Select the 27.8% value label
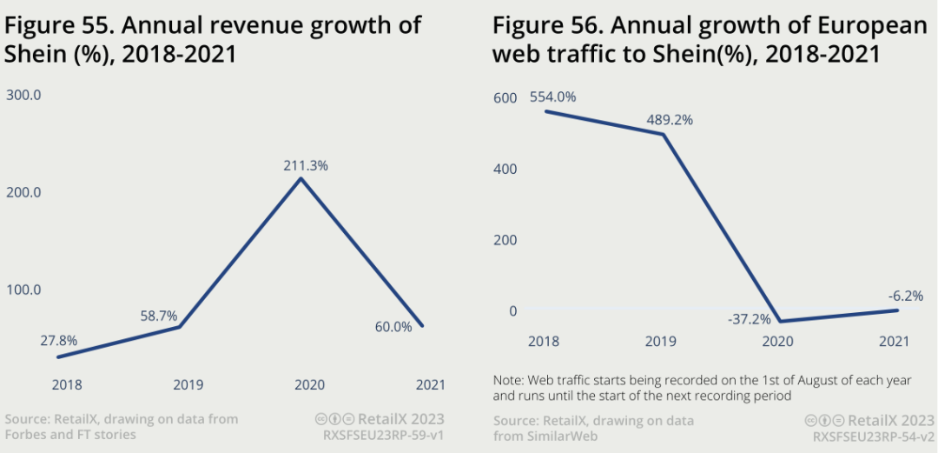tap(59, 340)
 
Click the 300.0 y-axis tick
tap(23, 95)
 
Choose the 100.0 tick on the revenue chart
tap(23, 290)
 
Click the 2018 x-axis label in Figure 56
tap(543, 342)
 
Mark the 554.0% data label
tap(552, 97)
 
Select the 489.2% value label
tap(670, 120)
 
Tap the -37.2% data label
tap(748, 319)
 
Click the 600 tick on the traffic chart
tap(505, 98)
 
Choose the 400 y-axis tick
tap(505, 169)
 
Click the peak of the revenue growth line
tap(301, 179)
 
